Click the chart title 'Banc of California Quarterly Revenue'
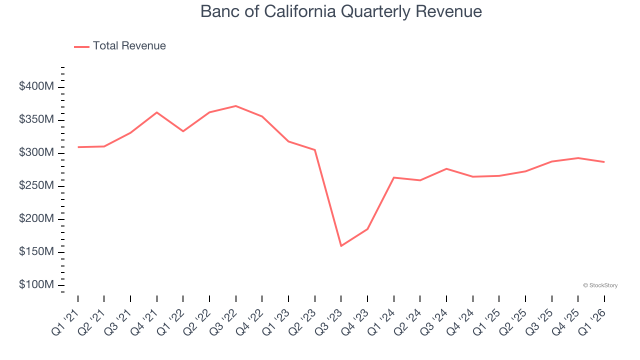341,11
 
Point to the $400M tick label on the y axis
36,86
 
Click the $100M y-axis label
36,284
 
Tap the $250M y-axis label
36,185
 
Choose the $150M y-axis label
36,251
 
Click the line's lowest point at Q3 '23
341,246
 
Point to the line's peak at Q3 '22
236,106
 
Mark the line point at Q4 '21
157,112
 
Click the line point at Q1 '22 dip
183,131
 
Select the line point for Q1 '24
394,177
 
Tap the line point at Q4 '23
367,229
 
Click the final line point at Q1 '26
604,162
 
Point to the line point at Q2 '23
314,150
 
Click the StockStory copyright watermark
600,285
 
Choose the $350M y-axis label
36,119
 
